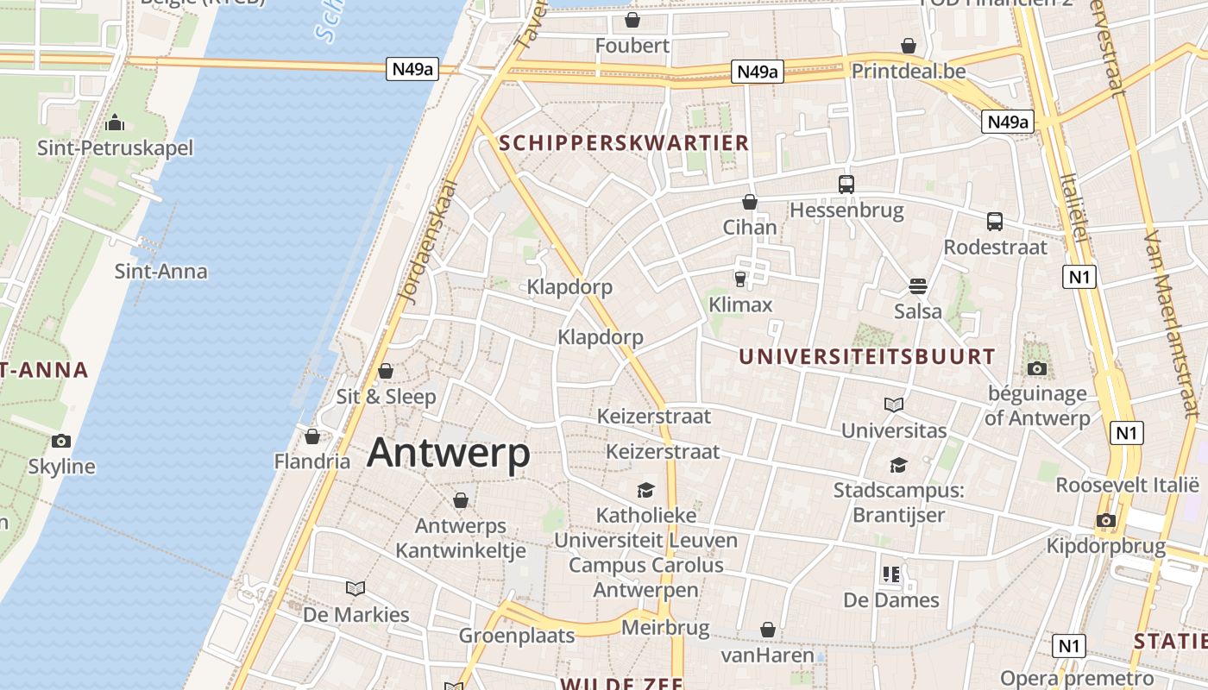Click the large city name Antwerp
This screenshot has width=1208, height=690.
pos(448,453)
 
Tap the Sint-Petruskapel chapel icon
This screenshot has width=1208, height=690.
pos(115,123)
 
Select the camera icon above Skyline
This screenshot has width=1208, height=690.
pos(61,442)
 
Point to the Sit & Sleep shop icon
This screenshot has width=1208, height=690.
pos(386,371)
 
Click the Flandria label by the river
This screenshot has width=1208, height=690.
pos(312,461)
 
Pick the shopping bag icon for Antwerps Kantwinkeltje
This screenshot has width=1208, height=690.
pos(461,500)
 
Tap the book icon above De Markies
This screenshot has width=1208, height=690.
pos(355,589)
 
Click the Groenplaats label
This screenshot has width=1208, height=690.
pos(516,636)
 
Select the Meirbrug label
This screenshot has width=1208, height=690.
pos(664,627)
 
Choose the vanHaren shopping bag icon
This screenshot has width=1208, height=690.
pos(768,630)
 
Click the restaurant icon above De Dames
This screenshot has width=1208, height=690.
pos(891,574)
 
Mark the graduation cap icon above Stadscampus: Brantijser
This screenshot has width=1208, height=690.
pos(898,466)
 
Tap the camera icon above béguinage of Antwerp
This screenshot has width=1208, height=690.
pos(1037,369)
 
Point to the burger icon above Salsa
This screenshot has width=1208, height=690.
pos(917,285)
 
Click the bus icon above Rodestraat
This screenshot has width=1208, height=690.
pos(995,222)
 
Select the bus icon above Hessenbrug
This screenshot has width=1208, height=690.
pos(846,184)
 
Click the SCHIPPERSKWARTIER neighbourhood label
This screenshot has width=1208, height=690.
pos(624,143)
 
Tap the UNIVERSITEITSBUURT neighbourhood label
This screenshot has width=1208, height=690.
pos(867,356)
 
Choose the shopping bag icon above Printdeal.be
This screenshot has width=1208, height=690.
pos(909,46)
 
